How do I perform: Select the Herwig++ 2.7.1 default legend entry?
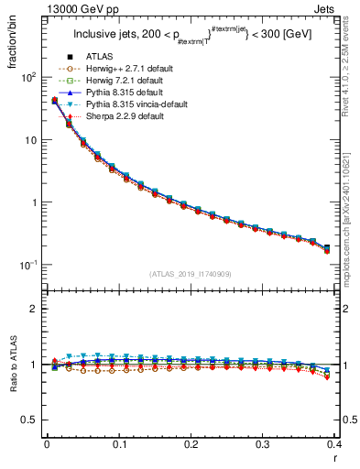(x=123, y=70)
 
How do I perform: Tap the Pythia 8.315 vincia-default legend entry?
(x=130, y=105)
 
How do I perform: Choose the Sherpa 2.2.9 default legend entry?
(x=119, y=117)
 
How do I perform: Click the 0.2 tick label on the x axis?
(x=191, y=444)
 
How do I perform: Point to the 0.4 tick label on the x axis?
(x=333, y=444)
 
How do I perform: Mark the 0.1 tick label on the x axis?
(x=119, y=444)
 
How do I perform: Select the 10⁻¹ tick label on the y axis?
(x=27, y=265)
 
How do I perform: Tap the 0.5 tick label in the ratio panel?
(x=29, y=420)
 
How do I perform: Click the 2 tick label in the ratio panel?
(x=34, y=309)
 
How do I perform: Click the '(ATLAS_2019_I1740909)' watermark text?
(x=190, y=274)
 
